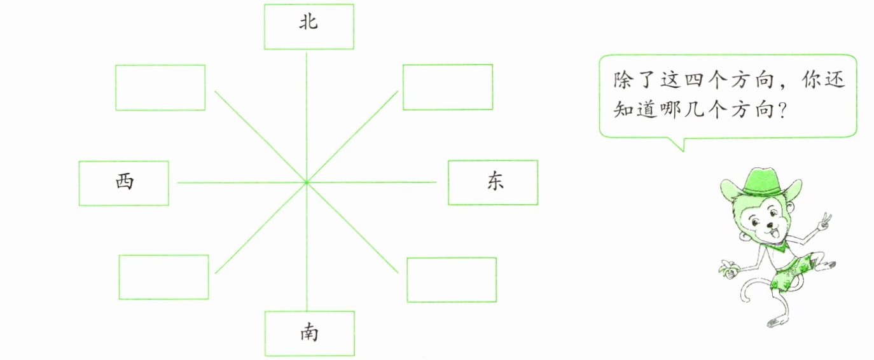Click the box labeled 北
309,27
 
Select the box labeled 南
309,333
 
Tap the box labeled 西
124,183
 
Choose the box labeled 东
492,183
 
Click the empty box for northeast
448,87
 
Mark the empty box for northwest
160,87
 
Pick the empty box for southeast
452,279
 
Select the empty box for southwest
163,277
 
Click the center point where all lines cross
307,183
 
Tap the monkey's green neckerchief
779,244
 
